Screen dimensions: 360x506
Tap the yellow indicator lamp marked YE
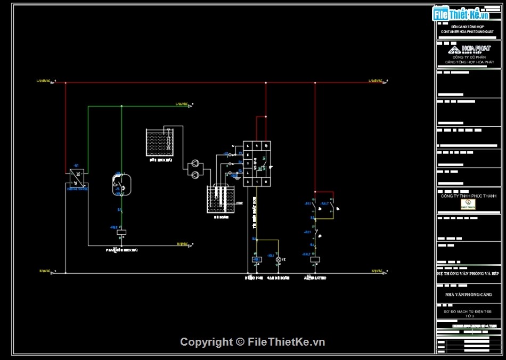coord(278,259)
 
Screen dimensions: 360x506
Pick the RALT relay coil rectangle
coord(315,259)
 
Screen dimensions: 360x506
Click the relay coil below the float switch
coord(121,232)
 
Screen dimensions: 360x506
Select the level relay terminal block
coord(257,163)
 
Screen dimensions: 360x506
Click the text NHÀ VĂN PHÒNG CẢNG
coord(469,294)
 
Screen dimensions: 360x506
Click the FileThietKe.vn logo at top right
coord(461,14)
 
